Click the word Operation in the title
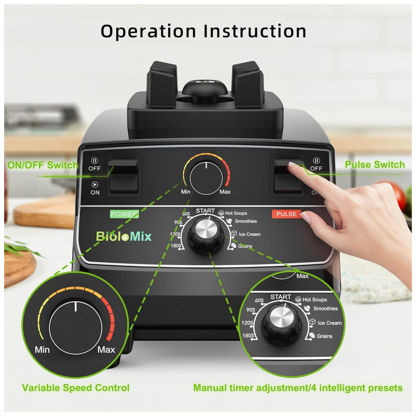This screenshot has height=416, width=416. (x=149, y=32)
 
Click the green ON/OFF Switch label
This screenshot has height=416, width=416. (x=43, y=165)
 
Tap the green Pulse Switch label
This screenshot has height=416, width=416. (x=375, y=164)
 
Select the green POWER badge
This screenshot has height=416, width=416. (x=124, y=214)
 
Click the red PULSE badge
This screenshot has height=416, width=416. (x=287, y=214)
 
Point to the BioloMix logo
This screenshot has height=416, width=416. (x=124, y=236)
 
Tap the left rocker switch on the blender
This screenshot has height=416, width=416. (x=124, y=176)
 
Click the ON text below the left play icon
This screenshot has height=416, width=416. (x=95, y=192)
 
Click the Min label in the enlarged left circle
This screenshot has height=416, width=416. (x=42, y=350)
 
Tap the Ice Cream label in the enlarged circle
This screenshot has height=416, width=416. (x=329, y=323)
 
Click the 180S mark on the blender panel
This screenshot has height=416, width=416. (x=176, y=246)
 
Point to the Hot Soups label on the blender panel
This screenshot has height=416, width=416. (x=236, y=213)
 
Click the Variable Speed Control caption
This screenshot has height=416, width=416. (x=76, y=388)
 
